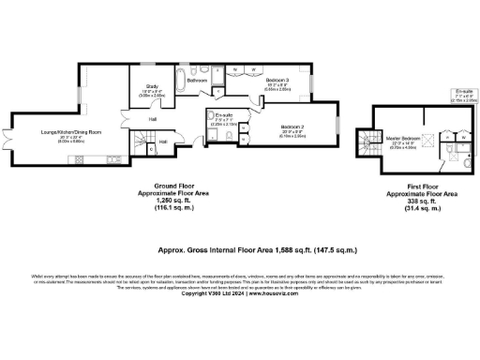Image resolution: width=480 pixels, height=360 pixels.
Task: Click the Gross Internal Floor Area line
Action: (x=239, y=251)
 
